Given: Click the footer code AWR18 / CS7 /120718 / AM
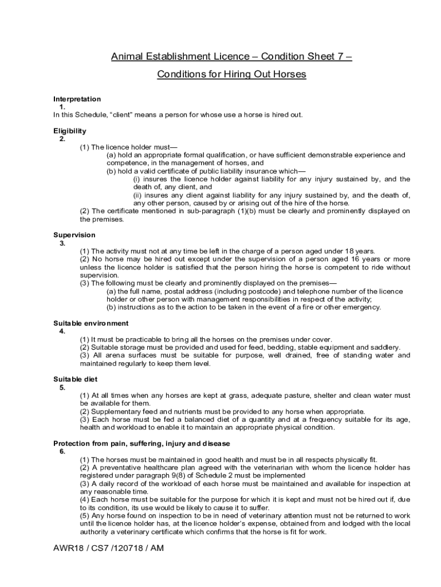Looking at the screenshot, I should pyautogui.click(x=109, y=547).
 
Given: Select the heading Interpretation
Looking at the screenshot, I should pyautogui.click(x=77, y=99).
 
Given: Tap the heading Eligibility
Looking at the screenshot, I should pyautogui.click(x=70, y=131).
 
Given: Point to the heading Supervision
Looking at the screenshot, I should pyautogui.click(x=74, y=235).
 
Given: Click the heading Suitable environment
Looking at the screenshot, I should pyautogui.click(x=91, y=323).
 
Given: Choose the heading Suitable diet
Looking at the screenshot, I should pyautogui.click(x=75, y=379).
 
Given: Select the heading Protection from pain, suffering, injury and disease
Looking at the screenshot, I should pyautogui.click(x=141, y=444).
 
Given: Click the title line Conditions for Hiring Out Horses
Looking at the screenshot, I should pyautogui.click(x=231, y=75).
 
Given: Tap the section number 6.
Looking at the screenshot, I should pyautogui.click(x=62, y=451).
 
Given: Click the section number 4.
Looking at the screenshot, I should pyautogui.click(x=62, y=331).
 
